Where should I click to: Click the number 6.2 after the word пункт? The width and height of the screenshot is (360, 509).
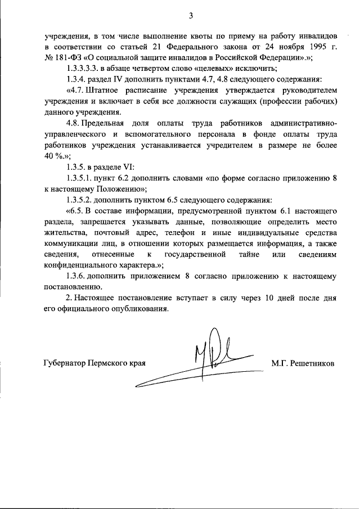click(129, 178)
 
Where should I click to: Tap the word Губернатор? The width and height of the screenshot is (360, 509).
click(64, 363)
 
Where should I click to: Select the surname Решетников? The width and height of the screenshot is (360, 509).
click(312, 363)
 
